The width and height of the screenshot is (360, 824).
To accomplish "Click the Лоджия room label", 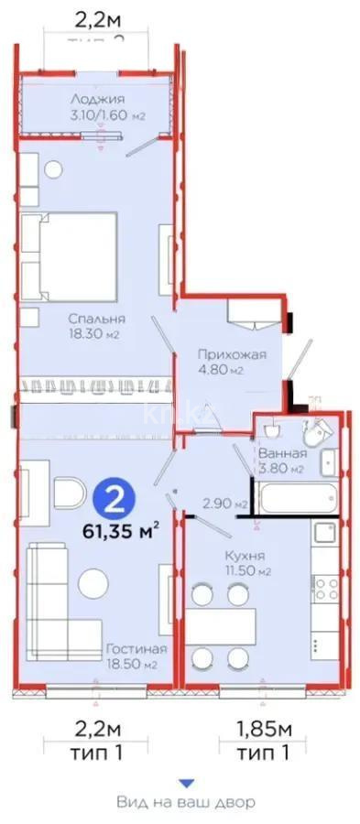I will [102, 99].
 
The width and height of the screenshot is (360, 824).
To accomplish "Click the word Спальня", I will [96, 319].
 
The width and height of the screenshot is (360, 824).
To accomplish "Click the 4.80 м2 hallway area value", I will [223, 371].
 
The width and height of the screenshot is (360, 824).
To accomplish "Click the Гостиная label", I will [130, 649].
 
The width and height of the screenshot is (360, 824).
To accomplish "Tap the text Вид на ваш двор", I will [186, 802].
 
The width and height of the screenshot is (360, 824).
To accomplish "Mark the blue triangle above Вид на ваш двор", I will [186, 783].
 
